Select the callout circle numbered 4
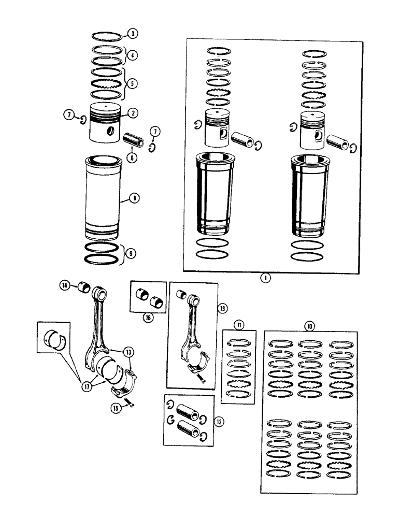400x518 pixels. pyautogui.click(x=133, y=54)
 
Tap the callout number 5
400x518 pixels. pyautogui.click(x=133, y=83)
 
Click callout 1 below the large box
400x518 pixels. pyautogui.click(x=265, y=278)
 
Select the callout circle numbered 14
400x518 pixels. pyautogui.click(x=64, y=284)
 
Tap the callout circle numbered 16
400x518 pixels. pyautogui.click(x=148, y=318)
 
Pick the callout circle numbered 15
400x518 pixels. pyautogui.click(x=116, y=408)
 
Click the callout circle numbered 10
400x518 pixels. pyautogui.click(x=309, y=326)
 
